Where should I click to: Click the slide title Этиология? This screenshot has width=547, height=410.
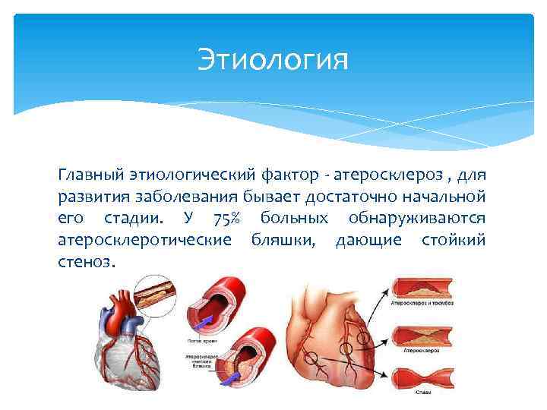pyautogui.click(x=273, y=58)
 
